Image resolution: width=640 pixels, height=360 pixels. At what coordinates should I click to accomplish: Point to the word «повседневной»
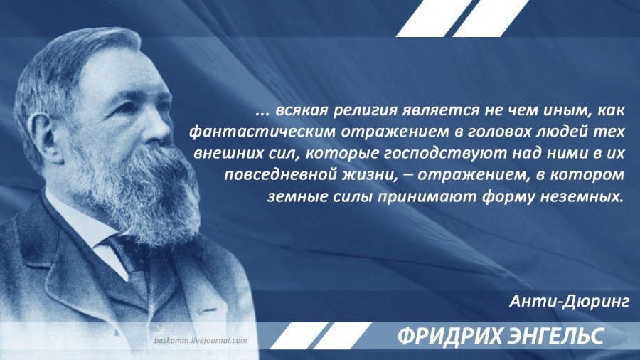(280, 175)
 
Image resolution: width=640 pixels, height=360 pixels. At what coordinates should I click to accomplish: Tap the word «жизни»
(370, 176)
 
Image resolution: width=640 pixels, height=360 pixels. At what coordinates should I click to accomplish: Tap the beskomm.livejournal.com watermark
(201, 340)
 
